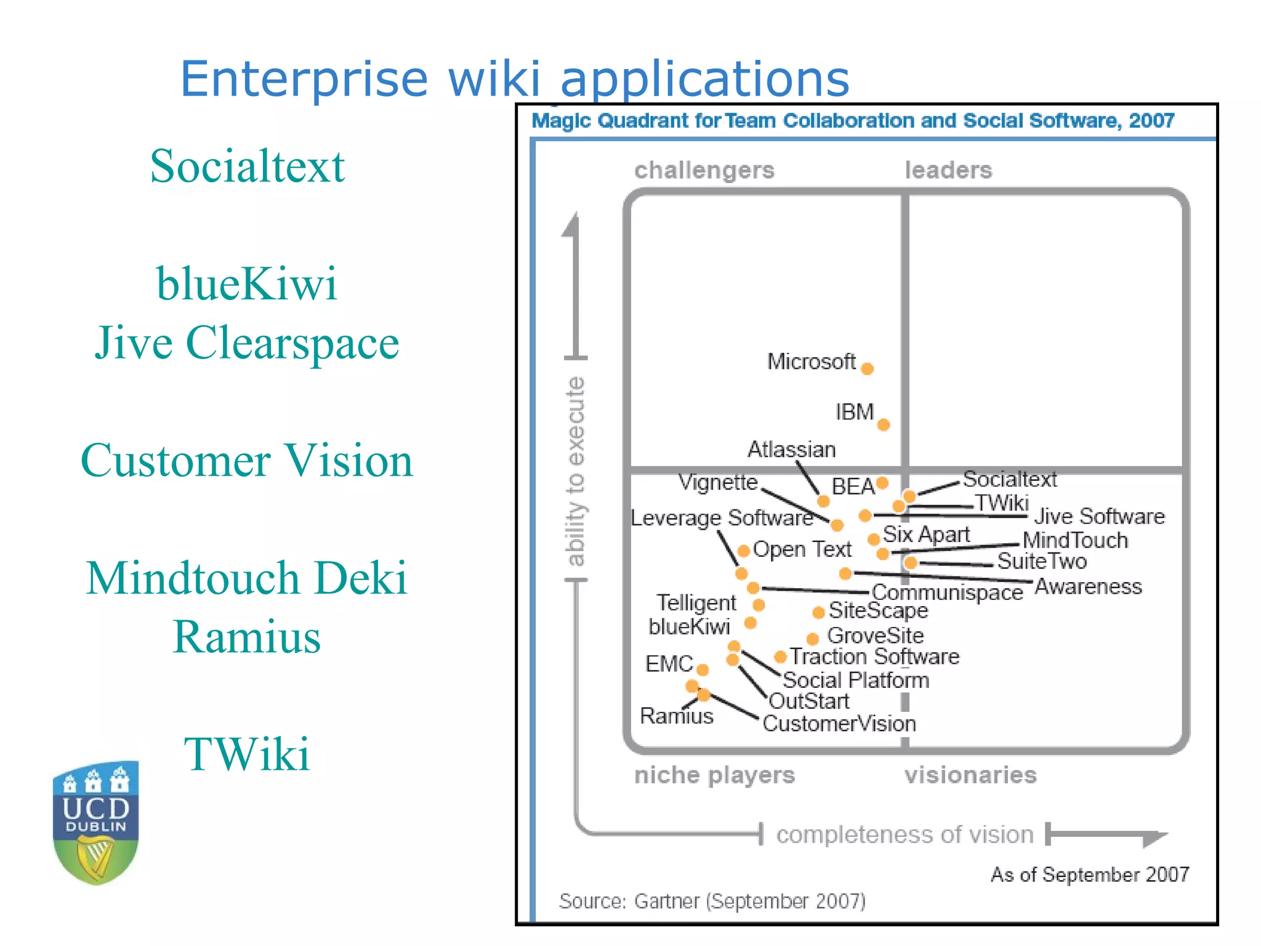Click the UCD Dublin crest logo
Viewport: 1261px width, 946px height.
point(95,822)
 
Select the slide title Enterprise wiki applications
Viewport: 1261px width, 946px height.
point(514,79)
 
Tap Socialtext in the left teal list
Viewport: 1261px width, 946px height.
point(247,166)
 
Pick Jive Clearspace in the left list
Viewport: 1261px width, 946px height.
point(247,342)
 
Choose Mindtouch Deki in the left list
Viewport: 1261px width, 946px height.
point(247,578)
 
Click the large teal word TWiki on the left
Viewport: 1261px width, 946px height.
point(247,754)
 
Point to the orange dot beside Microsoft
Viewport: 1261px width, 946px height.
point(867,369)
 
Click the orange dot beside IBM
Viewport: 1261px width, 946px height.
point(884,424)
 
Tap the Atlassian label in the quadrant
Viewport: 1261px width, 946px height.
point(791,450)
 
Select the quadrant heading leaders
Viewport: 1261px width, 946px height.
point(948,170)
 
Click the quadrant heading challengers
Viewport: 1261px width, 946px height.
point(704,170)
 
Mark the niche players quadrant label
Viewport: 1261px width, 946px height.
point(714,775)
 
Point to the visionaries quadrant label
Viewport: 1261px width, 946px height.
point(970,775)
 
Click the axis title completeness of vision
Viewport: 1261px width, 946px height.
point(904,835)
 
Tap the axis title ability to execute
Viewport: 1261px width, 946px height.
point(575,471)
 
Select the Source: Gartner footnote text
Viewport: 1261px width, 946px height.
point(712,901)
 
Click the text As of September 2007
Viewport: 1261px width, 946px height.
point(1089,874)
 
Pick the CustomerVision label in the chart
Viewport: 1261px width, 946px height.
point(839,724)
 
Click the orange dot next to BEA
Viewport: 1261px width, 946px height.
point(882,483)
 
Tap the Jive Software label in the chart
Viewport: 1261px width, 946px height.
point(1099,516)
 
